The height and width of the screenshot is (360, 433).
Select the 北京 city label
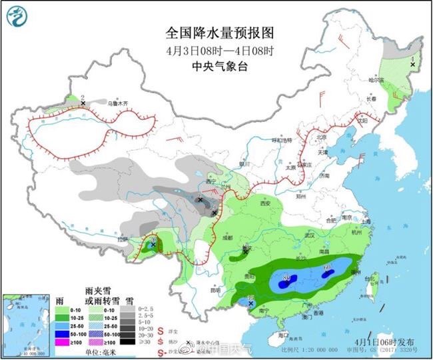coord(322,137)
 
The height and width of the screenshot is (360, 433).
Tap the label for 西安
coord(268,203)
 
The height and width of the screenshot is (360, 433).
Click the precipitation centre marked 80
coord(286,280)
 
